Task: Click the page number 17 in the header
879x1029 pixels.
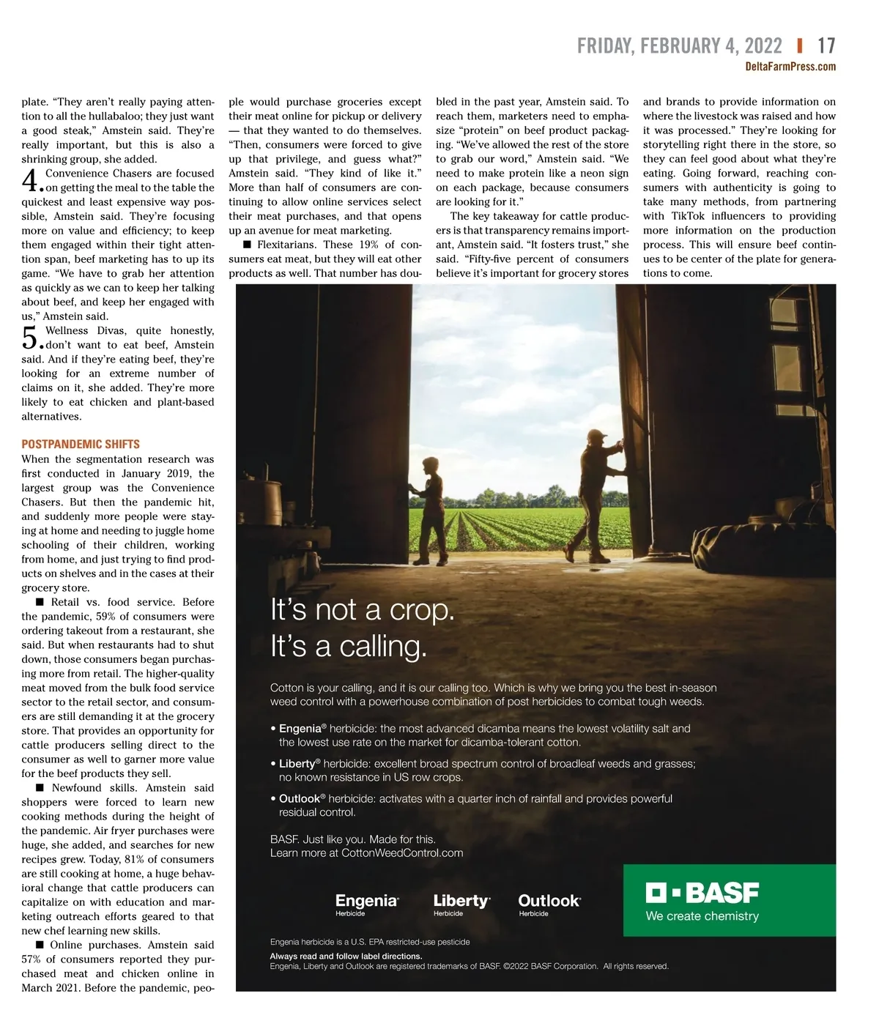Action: click(x=826, y=46)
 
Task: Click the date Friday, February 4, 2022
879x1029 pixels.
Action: click(x=679, y=46)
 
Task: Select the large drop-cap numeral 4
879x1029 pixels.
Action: click(x=30, y=181)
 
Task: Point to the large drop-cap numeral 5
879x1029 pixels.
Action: click(x=30, y=338)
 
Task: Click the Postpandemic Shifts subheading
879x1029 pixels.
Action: click(x=81, y=444)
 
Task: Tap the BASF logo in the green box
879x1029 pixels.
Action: click(x=702, y=893)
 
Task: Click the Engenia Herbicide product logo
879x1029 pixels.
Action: click(x=366, y=904)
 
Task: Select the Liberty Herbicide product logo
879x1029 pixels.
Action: click(x=461, y=904)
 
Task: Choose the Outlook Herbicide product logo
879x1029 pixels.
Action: click(x=549, y=904)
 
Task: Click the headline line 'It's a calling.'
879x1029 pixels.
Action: click(x=349, y=646)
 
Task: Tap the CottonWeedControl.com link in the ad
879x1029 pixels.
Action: click(x=402, y=852)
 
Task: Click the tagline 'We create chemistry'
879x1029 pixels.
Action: click(x=702, y=916)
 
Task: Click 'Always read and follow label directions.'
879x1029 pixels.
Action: click(x=346, y=956)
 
